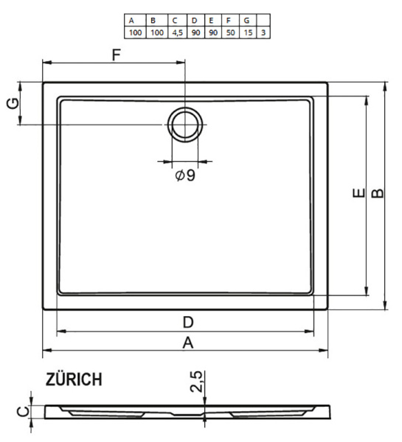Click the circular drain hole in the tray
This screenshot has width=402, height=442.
tap(184, 124)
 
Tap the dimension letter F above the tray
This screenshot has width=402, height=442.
tap(116, 55)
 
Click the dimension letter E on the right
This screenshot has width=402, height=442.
tap(358, 194)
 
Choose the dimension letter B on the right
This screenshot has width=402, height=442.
tap(376, 193)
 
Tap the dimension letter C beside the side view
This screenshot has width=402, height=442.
tap(22, 410)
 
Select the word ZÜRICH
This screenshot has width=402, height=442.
tap(74, 380)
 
